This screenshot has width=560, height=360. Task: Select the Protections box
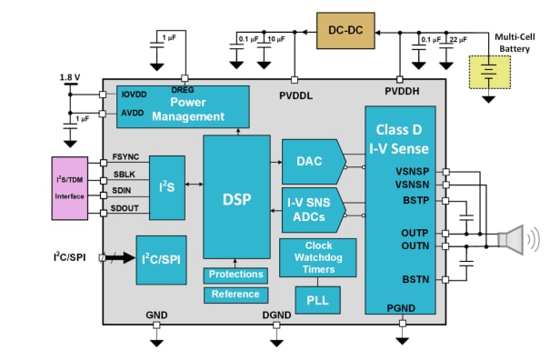(x=235, y=275)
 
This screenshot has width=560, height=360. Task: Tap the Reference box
(x=235, y=295)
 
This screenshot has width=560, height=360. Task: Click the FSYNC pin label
(x=125, y=156)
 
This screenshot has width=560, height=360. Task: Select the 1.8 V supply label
(x=69, y=76)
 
